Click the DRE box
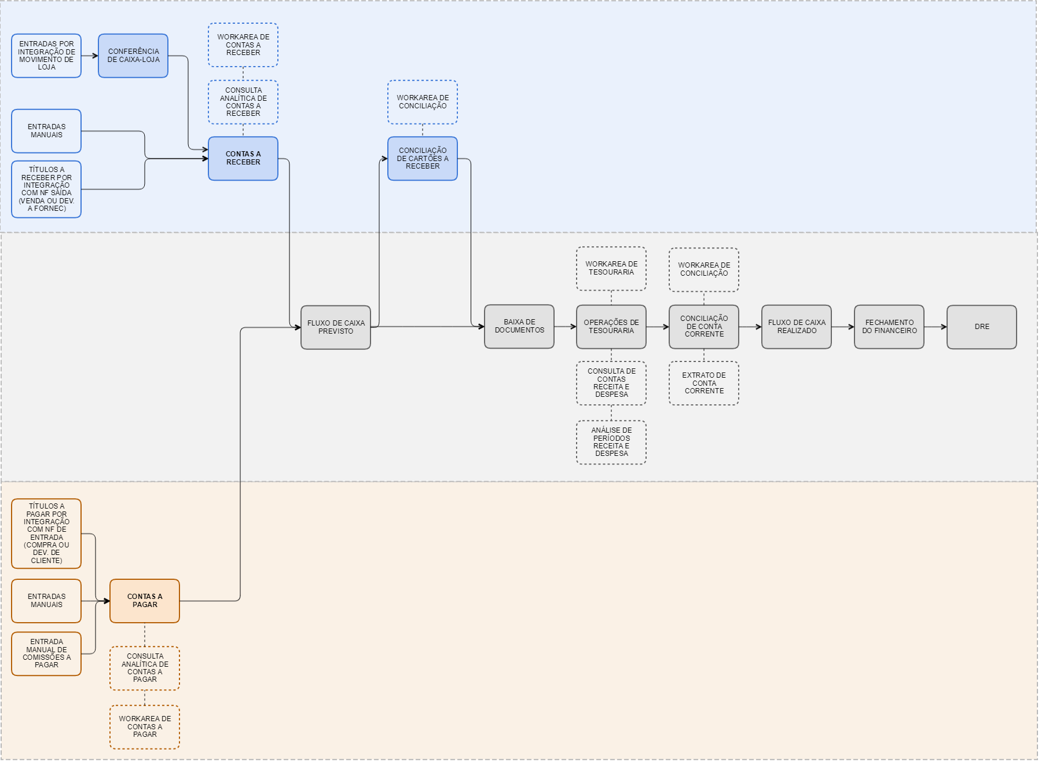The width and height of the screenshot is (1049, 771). tap(981, 327)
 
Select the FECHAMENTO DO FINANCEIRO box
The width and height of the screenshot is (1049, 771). tap(889, 327)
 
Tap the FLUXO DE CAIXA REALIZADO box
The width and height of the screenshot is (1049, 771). tap(796, 327)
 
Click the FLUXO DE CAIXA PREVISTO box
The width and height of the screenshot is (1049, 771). tap(335, 327)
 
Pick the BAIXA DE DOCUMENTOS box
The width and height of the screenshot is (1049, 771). tap(519, 326)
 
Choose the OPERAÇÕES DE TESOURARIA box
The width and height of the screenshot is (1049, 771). tap(611, 327)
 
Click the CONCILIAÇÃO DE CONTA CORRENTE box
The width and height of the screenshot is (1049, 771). tap(703, 327)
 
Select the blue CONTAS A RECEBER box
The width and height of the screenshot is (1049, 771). tap(243, 158)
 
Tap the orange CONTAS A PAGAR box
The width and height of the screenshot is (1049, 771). tap(144, 601)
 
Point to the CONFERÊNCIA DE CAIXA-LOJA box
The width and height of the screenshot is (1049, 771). tap(133, 56)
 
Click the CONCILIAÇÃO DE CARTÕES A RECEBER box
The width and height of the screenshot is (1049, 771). tap(422, 158)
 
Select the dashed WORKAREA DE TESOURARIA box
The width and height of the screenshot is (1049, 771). tap(611, 268)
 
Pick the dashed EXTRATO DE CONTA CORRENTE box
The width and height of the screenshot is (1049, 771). tap(703, 383)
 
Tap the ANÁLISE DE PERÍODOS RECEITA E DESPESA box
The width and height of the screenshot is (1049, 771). tap(611, 442)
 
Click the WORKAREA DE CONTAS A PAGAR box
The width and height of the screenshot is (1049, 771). tap(144, 726)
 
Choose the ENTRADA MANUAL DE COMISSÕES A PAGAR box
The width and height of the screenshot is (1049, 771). tap(46, 653)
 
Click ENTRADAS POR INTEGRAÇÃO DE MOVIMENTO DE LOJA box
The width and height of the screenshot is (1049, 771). tap(46, 56)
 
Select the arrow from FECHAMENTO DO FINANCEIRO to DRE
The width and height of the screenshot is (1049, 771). tap(935, 327)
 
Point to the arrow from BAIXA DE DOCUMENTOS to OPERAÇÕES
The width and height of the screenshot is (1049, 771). tap(565, 327)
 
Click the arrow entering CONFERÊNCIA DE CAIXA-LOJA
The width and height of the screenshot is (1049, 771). tap(90, 56)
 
